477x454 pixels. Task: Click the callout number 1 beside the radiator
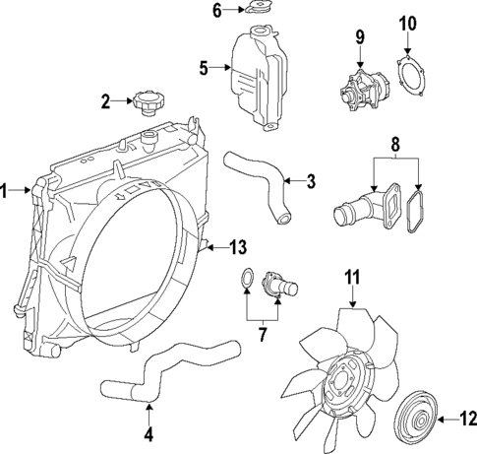[x=7, y=191]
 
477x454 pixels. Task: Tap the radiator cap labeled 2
[x=147, y=102]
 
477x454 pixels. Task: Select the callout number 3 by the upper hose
[x=311, y=180]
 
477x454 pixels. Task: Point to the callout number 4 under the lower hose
[x=148, y=432]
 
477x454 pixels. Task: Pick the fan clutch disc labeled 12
[x=415, y=422]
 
